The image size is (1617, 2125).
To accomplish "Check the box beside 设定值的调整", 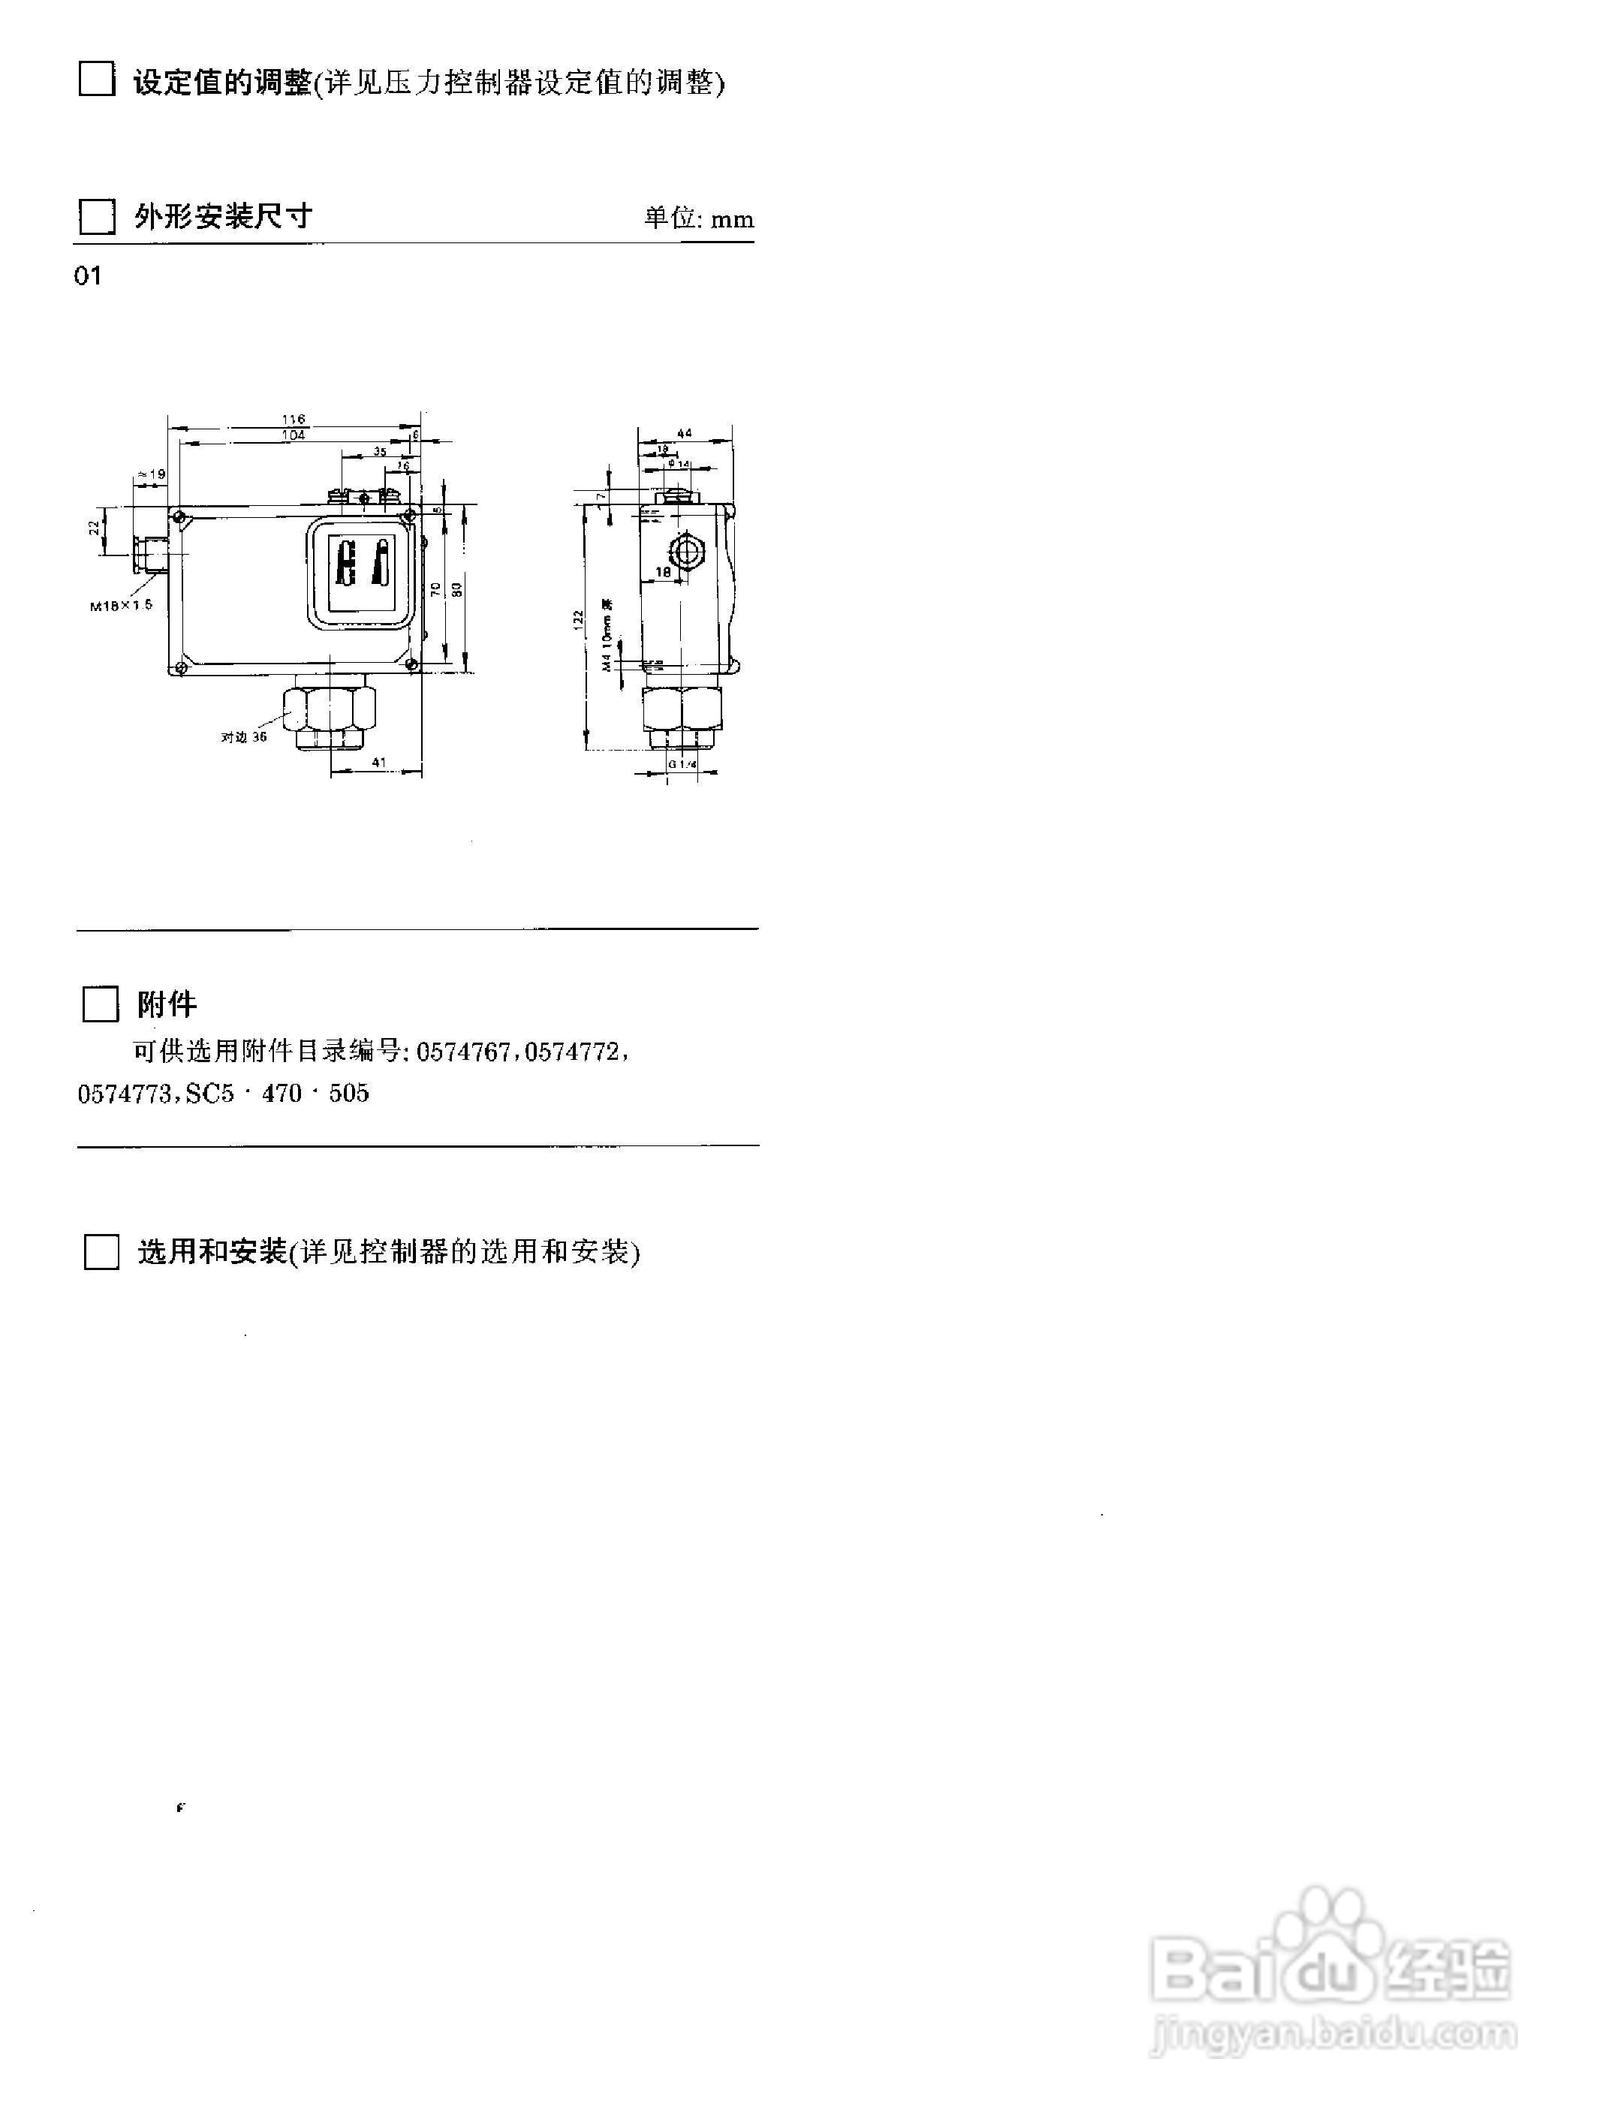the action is (96, 79).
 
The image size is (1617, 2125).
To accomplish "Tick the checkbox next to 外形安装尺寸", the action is (96, 216).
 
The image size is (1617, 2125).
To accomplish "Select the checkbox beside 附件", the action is (100, 1004).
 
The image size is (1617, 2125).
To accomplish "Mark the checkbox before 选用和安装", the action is (101, 1252).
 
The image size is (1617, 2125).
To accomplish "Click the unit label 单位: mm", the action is (699, 218).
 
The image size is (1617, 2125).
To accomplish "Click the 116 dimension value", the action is (294, 419).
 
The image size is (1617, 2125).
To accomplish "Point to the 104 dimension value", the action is (294, 435).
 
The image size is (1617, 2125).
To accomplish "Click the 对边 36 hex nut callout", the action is (243, 736).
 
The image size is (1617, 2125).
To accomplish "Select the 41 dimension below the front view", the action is (378, 762).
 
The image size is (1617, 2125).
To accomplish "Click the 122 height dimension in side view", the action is (577, 619).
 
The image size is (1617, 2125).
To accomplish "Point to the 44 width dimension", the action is (685, 433).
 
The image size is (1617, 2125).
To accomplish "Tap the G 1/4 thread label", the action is (682, 764).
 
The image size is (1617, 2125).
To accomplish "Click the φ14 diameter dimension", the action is (679, 464).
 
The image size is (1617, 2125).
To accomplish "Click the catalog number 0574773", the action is (123, 1094).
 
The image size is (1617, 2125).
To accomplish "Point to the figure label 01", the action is (88, 276).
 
